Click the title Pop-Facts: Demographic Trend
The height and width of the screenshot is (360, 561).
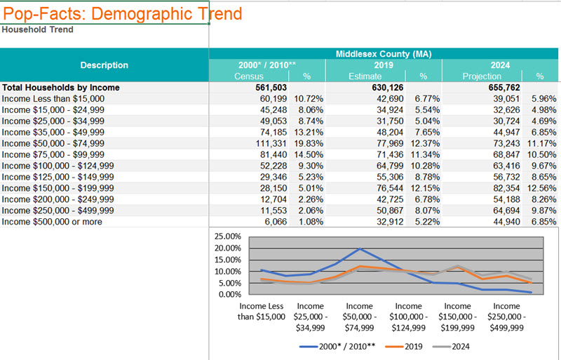point(123,13)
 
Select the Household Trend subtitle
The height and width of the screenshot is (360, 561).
point(37,29)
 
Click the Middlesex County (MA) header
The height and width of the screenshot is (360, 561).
point(383,54)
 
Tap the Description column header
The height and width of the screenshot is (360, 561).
point(104,65)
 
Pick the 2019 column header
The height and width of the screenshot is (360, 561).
point(383,65)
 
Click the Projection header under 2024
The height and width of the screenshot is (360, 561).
point(480,76)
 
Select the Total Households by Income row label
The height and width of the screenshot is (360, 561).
point(61,88)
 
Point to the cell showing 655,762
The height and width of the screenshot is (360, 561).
point(501,88)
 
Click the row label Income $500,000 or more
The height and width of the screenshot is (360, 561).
point(52,222)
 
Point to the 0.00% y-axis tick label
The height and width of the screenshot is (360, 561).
point(228,294)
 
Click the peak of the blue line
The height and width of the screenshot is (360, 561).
point(360,248)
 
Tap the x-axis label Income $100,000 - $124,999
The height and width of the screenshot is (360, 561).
point(409,316)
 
